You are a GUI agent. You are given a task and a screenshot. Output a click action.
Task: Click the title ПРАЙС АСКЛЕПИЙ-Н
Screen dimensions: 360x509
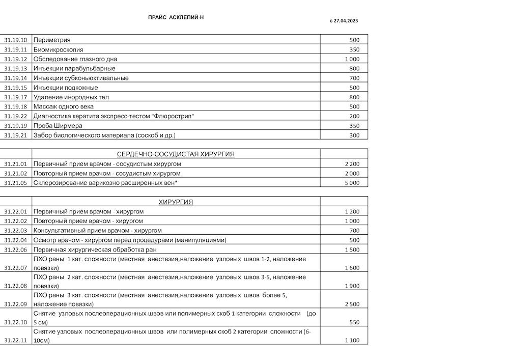176,17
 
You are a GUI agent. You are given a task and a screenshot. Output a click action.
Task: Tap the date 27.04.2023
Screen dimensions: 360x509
346,21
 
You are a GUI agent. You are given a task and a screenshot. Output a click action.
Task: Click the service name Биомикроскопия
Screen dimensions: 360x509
58,49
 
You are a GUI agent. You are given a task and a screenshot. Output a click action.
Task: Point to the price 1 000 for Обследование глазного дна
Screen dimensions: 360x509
352,59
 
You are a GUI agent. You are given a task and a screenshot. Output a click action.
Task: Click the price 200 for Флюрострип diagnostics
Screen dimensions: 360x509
354,116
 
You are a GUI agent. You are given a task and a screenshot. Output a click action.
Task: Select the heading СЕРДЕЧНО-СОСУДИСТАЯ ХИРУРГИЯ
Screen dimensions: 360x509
176,154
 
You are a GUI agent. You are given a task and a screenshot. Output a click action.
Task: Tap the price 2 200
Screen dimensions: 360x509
352,164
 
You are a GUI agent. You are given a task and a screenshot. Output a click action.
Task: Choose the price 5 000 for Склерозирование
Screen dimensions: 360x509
352,183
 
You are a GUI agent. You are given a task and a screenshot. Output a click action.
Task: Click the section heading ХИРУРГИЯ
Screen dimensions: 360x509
176,202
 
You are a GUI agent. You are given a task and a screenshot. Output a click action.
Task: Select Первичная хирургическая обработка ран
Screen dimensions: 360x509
95,250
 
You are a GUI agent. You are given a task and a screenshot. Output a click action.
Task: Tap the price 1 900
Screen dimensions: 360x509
352,286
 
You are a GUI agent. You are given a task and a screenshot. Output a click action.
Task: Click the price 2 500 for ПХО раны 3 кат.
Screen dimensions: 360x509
352,304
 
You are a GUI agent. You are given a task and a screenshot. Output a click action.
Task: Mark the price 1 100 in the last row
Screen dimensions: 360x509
352,341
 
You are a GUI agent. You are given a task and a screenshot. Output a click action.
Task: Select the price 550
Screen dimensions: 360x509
354,322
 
